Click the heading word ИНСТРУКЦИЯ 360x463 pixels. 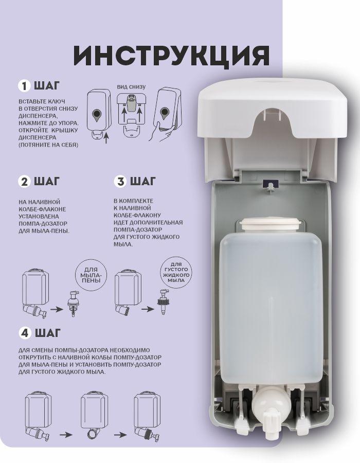pos(171,55)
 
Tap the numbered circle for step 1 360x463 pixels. pos(24,85)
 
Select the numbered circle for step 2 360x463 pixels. pos(24,182)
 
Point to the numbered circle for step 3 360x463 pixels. pos(120,182)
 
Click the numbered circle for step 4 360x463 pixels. pos(25,333)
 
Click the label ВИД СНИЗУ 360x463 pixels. pos(131,87)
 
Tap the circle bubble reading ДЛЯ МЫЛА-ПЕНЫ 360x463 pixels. pos(91,275)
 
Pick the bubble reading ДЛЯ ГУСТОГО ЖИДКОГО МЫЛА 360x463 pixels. pos(176,272)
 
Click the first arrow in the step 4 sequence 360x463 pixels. pos(66,435)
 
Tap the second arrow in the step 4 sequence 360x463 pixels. pos(121,435)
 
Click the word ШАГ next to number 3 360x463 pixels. pos(143,181)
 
